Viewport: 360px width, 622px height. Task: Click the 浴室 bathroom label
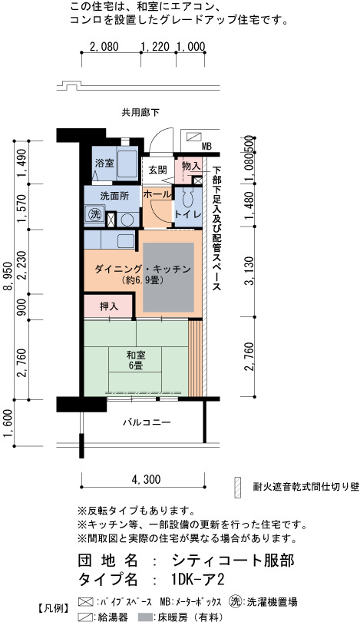click(x=105, y=163)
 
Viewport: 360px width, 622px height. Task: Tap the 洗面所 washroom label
click(x=114, y=196)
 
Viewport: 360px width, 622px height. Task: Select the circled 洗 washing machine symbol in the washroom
click(x=94, y=215)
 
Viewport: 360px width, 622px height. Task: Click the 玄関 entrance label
click(x=157, y=170)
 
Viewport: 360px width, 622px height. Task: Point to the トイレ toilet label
click(x=188, y=213)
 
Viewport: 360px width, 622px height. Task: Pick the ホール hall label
click(x=157, y=194)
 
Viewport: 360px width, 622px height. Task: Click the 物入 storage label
click(x=190, y=166)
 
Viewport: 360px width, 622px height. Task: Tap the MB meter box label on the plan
click(x=206, y=147)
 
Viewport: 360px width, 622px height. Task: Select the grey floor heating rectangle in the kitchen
click(x=169, y=277)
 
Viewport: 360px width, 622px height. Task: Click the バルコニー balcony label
click(x=147, y=422)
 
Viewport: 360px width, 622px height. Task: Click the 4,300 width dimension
click(x=147, y=480)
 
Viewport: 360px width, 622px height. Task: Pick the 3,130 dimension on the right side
click(x=249, y=271)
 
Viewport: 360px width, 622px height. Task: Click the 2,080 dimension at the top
click(x=104, y=47)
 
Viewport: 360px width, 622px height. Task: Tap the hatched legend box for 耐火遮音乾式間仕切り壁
click(x=237, y=487)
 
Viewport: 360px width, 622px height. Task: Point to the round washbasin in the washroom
click(x=127, y=220)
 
